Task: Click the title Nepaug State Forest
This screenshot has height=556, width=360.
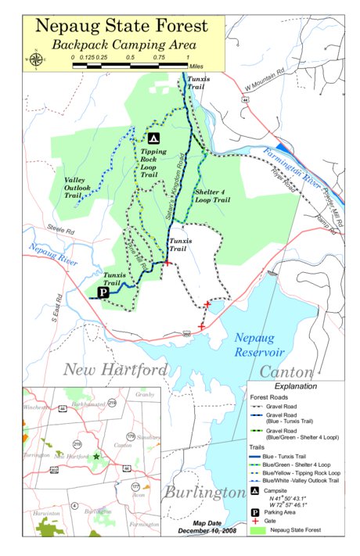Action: [122, 25]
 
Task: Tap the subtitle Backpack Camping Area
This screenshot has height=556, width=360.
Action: [124, 45]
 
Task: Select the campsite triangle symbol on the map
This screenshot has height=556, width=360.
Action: [153, 138]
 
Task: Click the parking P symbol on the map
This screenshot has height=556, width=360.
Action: [102, 292]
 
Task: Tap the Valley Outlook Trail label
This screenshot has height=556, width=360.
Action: [78, 188]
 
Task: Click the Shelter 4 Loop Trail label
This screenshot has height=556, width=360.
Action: [212, 196]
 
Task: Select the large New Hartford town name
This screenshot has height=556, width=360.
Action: [115, 369]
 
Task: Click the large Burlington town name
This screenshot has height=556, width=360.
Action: [204, 492]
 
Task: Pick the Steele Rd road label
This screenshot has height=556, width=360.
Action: [59, 231]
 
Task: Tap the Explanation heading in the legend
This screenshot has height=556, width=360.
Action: [295, 386]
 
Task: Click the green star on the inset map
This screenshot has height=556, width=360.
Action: [96, 455]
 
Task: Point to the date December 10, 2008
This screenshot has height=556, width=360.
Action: [212, 531]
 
